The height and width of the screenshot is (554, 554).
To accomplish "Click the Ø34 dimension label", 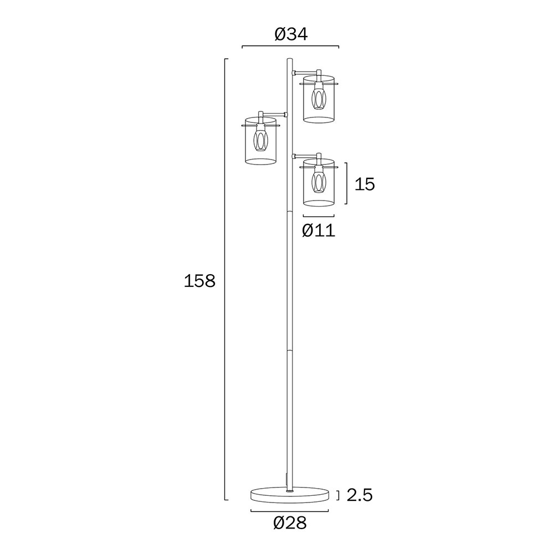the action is [291, 34].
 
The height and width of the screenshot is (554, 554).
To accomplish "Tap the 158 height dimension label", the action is [199, 281].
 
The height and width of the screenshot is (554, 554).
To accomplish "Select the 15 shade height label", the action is [365, 184].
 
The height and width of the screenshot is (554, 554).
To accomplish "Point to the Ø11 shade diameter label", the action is [319, 230].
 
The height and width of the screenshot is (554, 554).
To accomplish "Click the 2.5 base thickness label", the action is [360, 495].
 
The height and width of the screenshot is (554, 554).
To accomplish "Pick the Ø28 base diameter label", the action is [290, 523].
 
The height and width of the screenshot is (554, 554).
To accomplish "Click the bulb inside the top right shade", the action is [319, 99].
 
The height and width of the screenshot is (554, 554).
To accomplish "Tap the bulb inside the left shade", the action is [260, 140].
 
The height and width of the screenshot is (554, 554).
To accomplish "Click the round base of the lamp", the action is [290, 495].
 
